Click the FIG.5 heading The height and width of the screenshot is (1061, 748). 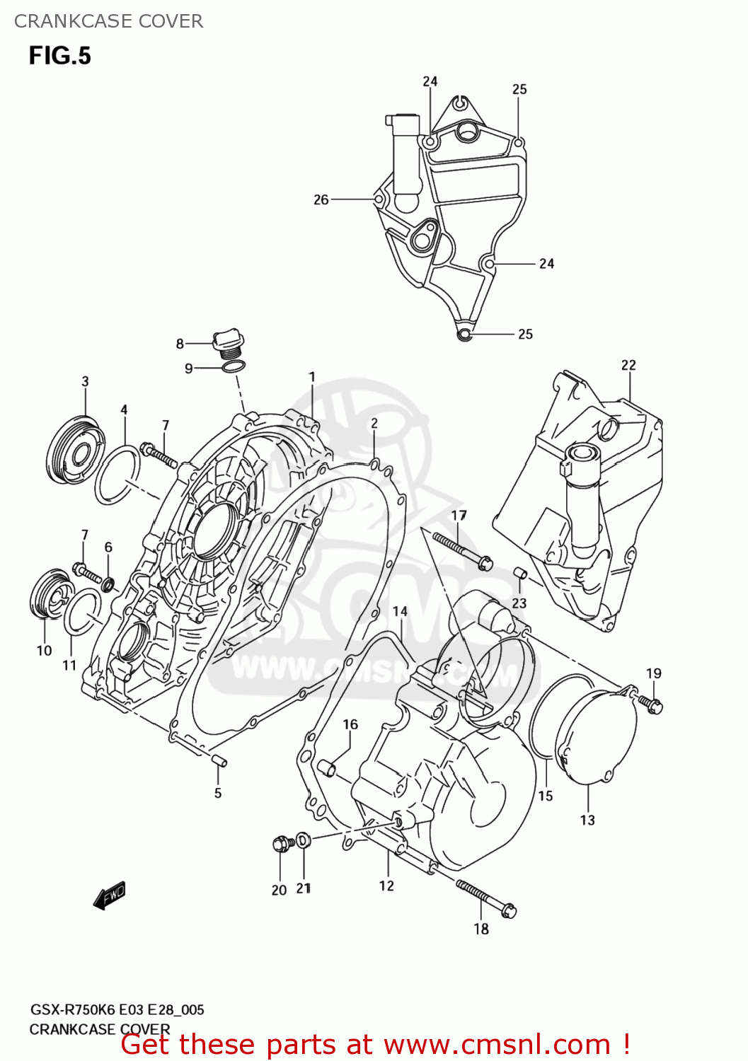click(59, 56)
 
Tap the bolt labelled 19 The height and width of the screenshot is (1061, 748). click(650, 702)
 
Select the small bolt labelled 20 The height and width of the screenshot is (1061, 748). click(282, 843)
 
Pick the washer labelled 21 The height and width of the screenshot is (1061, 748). click(303, 840)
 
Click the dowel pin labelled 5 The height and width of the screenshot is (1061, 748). click(219, 760)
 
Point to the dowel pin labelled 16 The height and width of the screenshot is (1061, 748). click(326, 767)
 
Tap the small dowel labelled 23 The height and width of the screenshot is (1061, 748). click(520, 572)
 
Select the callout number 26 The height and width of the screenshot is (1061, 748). click(321, 199)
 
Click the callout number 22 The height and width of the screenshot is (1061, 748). click(628, 365)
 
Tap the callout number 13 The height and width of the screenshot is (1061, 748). click(587, 820)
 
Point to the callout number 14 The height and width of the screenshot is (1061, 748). click(400, 611)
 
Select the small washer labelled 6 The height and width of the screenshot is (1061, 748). click(108, 584)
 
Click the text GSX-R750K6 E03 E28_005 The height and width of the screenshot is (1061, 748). click(117, 1009)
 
